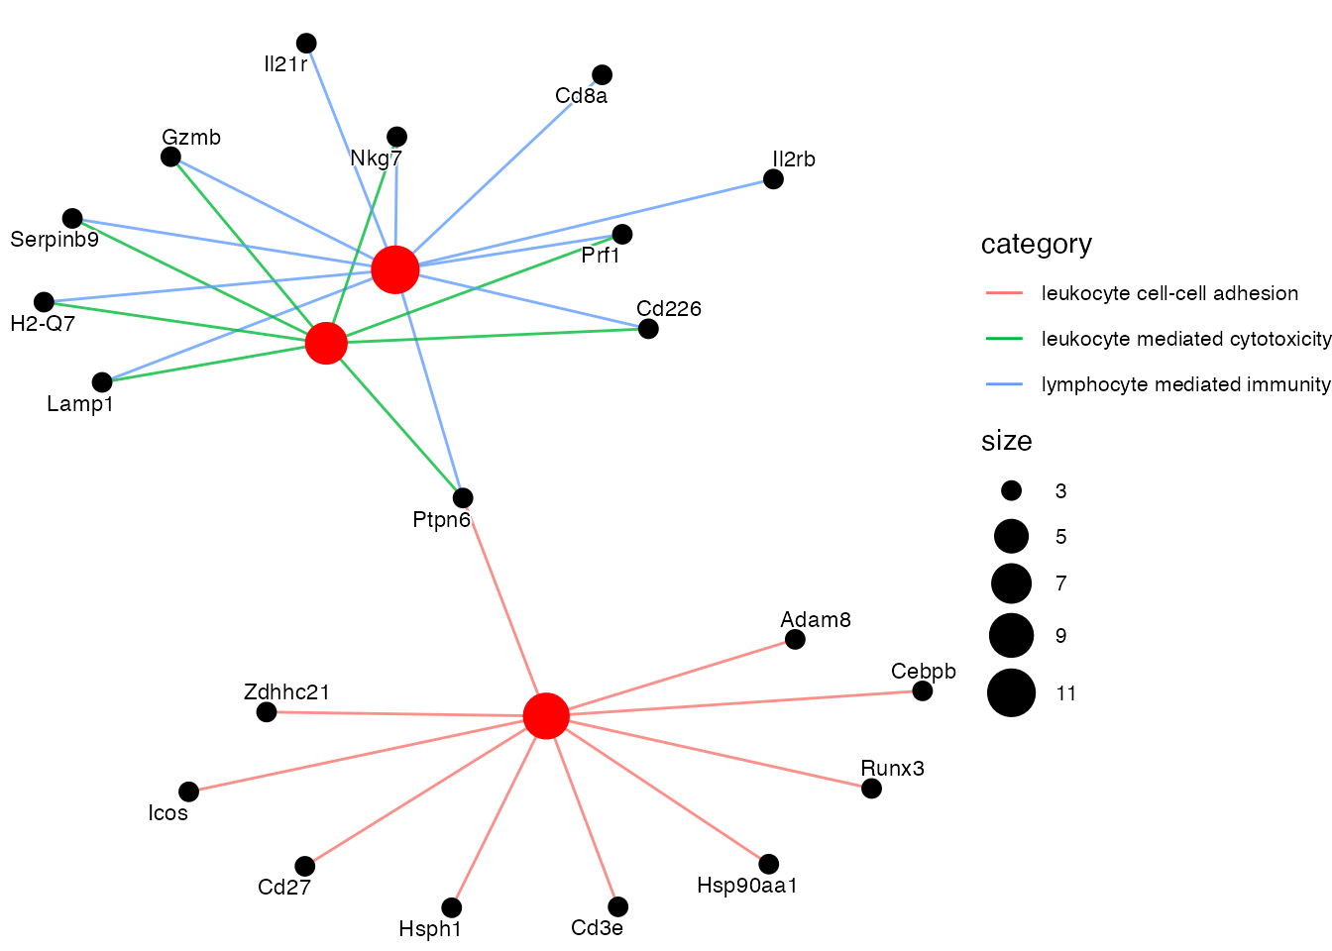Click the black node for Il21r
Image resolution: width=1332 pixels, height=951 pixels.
306,43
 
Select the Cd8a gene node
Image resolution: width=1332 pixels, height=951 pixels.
602,74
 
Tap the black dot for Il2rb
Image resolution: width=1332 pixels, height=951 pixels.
773,179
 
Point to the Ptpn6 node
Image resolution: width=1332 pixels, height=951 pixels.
463,497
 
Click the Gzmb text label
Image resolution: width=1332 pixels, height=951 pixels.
191,138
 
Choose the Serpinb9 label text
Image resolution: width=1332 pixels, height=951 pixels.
55,240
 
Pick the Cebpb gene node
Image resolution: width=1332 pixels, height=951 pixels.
923,690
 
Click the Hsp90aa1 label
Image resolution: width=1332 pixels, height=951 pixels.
747,886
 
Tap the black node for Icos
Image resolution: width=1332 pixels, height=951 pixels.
188,792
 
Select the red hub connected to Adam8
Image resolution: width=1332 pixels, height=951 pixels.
546,715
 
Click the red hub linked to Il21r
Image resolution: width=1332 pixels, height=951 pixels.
395,269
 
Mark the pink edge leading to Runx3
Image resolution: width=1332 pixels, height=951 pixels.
714,753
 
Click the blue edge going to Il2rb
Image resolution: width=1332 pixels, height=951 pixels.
595,222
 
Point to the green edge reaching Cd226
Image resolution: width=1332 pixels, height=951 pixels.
496,336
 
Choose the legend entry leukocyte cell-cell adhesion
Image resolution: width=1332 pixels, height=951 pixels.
1169,293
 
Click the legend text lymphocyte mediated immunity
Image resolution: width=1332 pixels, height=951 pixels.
1185,384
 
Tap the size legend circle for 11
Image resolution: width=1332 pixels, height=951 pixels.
1011,692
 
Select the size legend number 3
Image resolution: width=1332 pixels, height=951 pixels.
1061,491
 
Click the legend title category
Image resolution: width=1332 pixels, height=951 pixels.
1036,245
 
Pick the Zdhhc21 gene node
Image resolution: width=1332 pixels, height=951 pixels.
267,711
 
